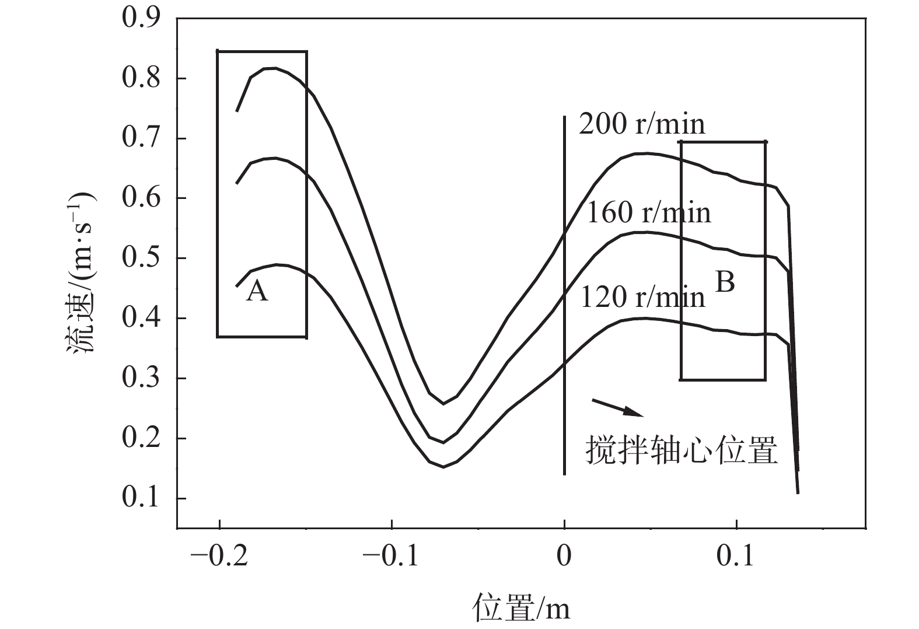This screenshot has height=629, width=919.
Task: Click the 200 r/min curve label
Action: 642,125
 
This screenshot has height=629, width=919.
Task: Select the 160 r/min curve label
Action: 648,213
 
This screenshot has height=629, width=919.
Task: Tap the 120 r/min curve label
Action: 642,298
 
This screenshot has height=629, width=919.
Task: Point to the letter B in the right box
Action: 725,282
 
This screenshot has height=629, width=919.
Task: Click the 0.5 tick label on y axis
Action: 141,258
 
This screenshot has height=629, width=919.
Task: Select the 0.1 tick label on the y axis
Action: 141,499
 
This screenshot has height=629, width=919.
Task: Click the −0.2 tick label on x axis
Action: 219,557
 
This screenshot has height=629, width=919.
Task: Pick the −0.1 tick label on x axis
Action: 392,557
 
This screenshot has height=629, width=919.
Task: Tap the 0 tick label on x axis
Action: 564,557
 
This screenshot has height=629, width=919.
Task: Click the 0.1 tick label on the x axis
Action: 737,557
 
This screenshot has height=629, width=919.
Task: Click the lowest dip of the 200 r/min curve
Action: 443,403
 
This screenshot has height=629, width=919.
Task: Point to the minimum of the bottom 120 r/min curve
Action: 443,467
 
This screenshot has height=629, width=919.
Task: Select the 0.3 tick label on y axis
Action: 141,379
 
